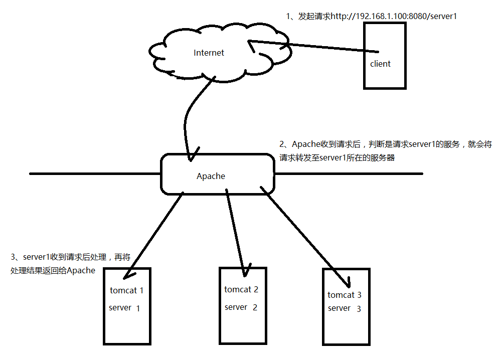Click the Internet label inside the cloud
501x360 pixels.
(x=209, y=53)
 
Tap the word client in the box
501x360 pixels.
(x=380, y=64)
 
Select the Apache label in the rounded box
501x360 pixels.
(x=211, y=176)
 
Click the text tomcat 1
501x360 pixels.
(x=126, y=290)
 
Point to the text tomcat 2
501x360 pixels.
(x=241, y=289)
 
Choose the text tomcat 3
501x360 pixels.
(x=345, y=295)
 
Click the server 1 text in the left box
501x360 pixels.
(x=124, y=308)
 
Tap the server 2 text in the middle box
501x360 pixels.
(x=241, y=307)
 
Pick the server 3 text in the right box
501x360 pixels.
(x=344, y=308)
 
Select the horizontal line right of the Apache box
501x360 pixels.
(x=349, y=174)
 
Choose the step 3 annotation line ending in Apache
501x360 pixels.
(x=53, y=271)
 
